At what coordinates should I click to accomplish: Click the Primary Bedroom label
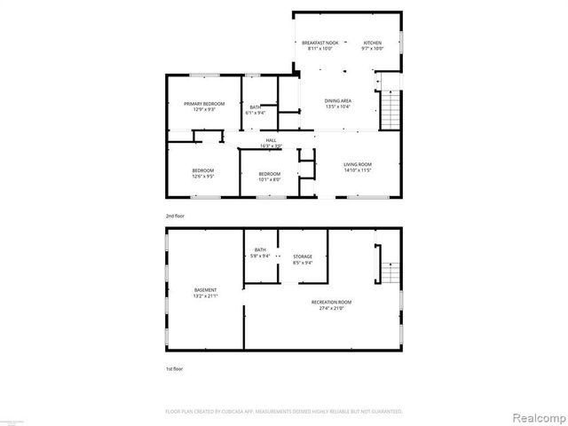coord(204,104)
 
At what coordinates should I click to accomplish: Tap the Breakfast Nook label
coord(320,43)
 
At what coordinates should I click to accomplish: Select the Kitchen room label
coord(372,43)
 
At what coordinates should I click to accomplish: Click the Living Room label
coord(358,164)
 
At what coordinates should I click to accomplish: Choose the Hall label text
coord(270,140)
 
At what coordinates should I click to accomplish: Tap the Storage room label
coord(303,256)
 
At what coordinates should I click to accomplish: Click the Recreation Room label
coord(327,303)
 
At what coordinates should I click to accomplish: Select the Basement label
coord(206,290)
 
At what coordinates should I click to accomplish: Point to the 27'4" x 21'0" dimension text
coord(327,308)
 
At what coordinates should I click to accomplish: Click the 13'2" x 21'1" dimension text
coord(206,296)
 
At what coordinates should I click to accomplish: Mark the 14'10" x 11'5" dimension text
coord(358,170)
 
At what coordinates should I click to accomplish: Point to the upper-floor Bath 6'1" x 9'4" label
coord(256,109)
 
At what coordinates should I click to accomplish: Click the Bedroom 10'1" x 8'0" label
coord(269,176)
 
